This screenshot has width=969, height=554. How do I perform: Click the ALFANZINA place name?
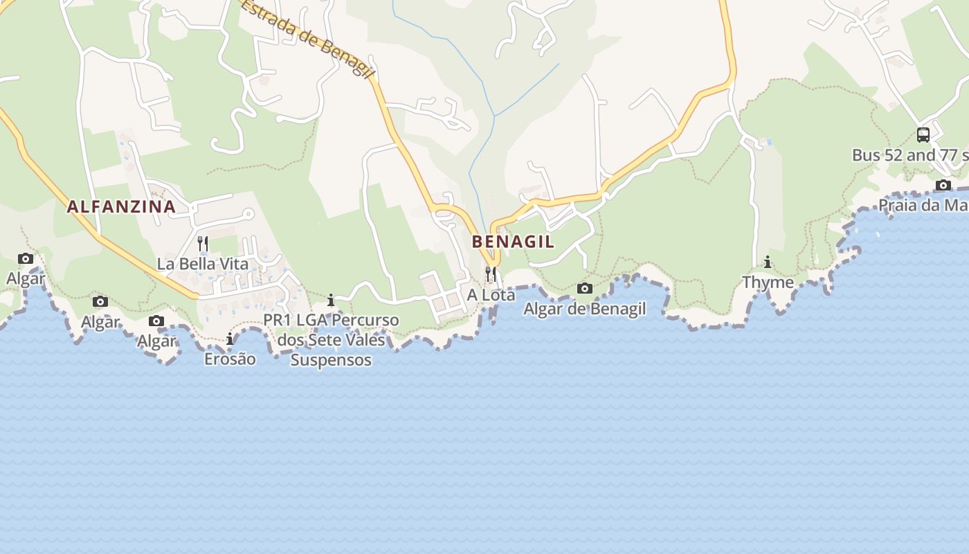tap(121, 206)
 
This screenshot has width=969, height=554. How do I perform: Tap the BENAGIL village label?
tap(513, 242)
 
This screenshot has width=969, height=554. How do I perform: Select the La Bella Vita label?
tap(202, 264)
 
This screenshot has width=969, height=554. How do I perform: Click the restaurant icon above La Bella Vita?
tap(203, 244)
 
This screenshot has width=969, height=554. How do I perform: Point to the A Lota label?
tap(491, 295)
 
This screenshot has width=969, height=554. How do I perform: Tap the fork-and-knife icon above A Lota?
tap(491, 274)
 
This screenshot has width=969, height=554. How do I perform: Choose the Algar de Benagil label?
tap(584, 309)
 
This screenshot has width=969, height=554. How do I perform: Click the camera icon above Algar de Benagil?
tap(585, 288)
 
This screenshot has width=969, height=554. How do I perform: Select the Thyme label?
tap(768, 283)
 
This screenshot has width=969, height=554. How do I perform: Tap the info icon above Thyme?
tap(768, 262)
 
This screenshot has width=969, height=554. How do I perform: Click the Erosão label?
tap(230, 359)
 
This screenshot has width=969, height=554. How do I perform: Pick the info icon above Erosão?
tap(230, 339)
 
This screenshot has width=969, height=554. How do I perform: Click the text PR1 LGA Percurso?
tap(332, 321)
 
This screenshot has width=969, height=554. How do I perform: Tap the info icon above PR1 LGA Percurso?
tap(331, 300)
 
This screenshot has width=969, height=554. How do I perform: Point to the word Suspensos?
tap(331, 360)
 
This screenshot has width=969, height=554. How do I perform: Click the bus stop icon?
tap(923, 135)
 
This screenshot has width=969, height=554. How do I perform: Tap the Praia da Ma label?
tap(923, 206)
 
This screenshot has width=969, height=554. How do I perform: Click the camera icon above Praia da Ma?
tap(943, 185)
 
